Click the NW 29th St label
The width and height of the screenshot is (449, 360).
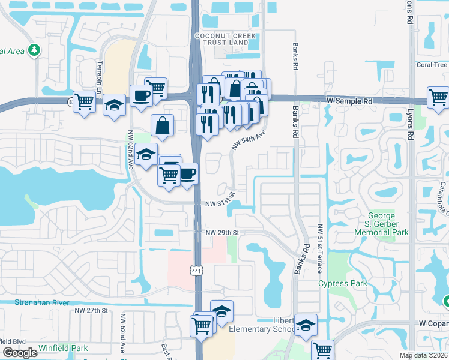coord(222,232)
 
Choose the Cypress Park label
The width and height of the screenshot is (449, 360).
coord(342,283)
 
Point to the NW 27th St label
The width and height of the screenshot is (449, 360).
coord(91,310)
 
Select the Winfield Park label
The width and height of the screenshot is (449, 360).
coord(63,348)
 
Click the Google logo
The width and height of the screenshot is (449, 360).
coord(20,353)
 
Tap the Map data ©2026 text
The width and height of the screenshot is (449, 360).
coord(424,355)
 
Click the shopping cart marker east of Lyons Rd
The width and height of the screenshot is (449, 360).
coord(438,97)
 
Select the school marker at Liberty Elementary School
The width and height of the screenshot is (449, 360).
coord(306,325)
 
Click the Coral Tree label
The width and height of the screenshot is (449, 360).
coord(432,65)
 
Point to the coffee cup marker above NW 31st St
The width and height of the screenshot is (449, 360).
coord(188,173)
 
